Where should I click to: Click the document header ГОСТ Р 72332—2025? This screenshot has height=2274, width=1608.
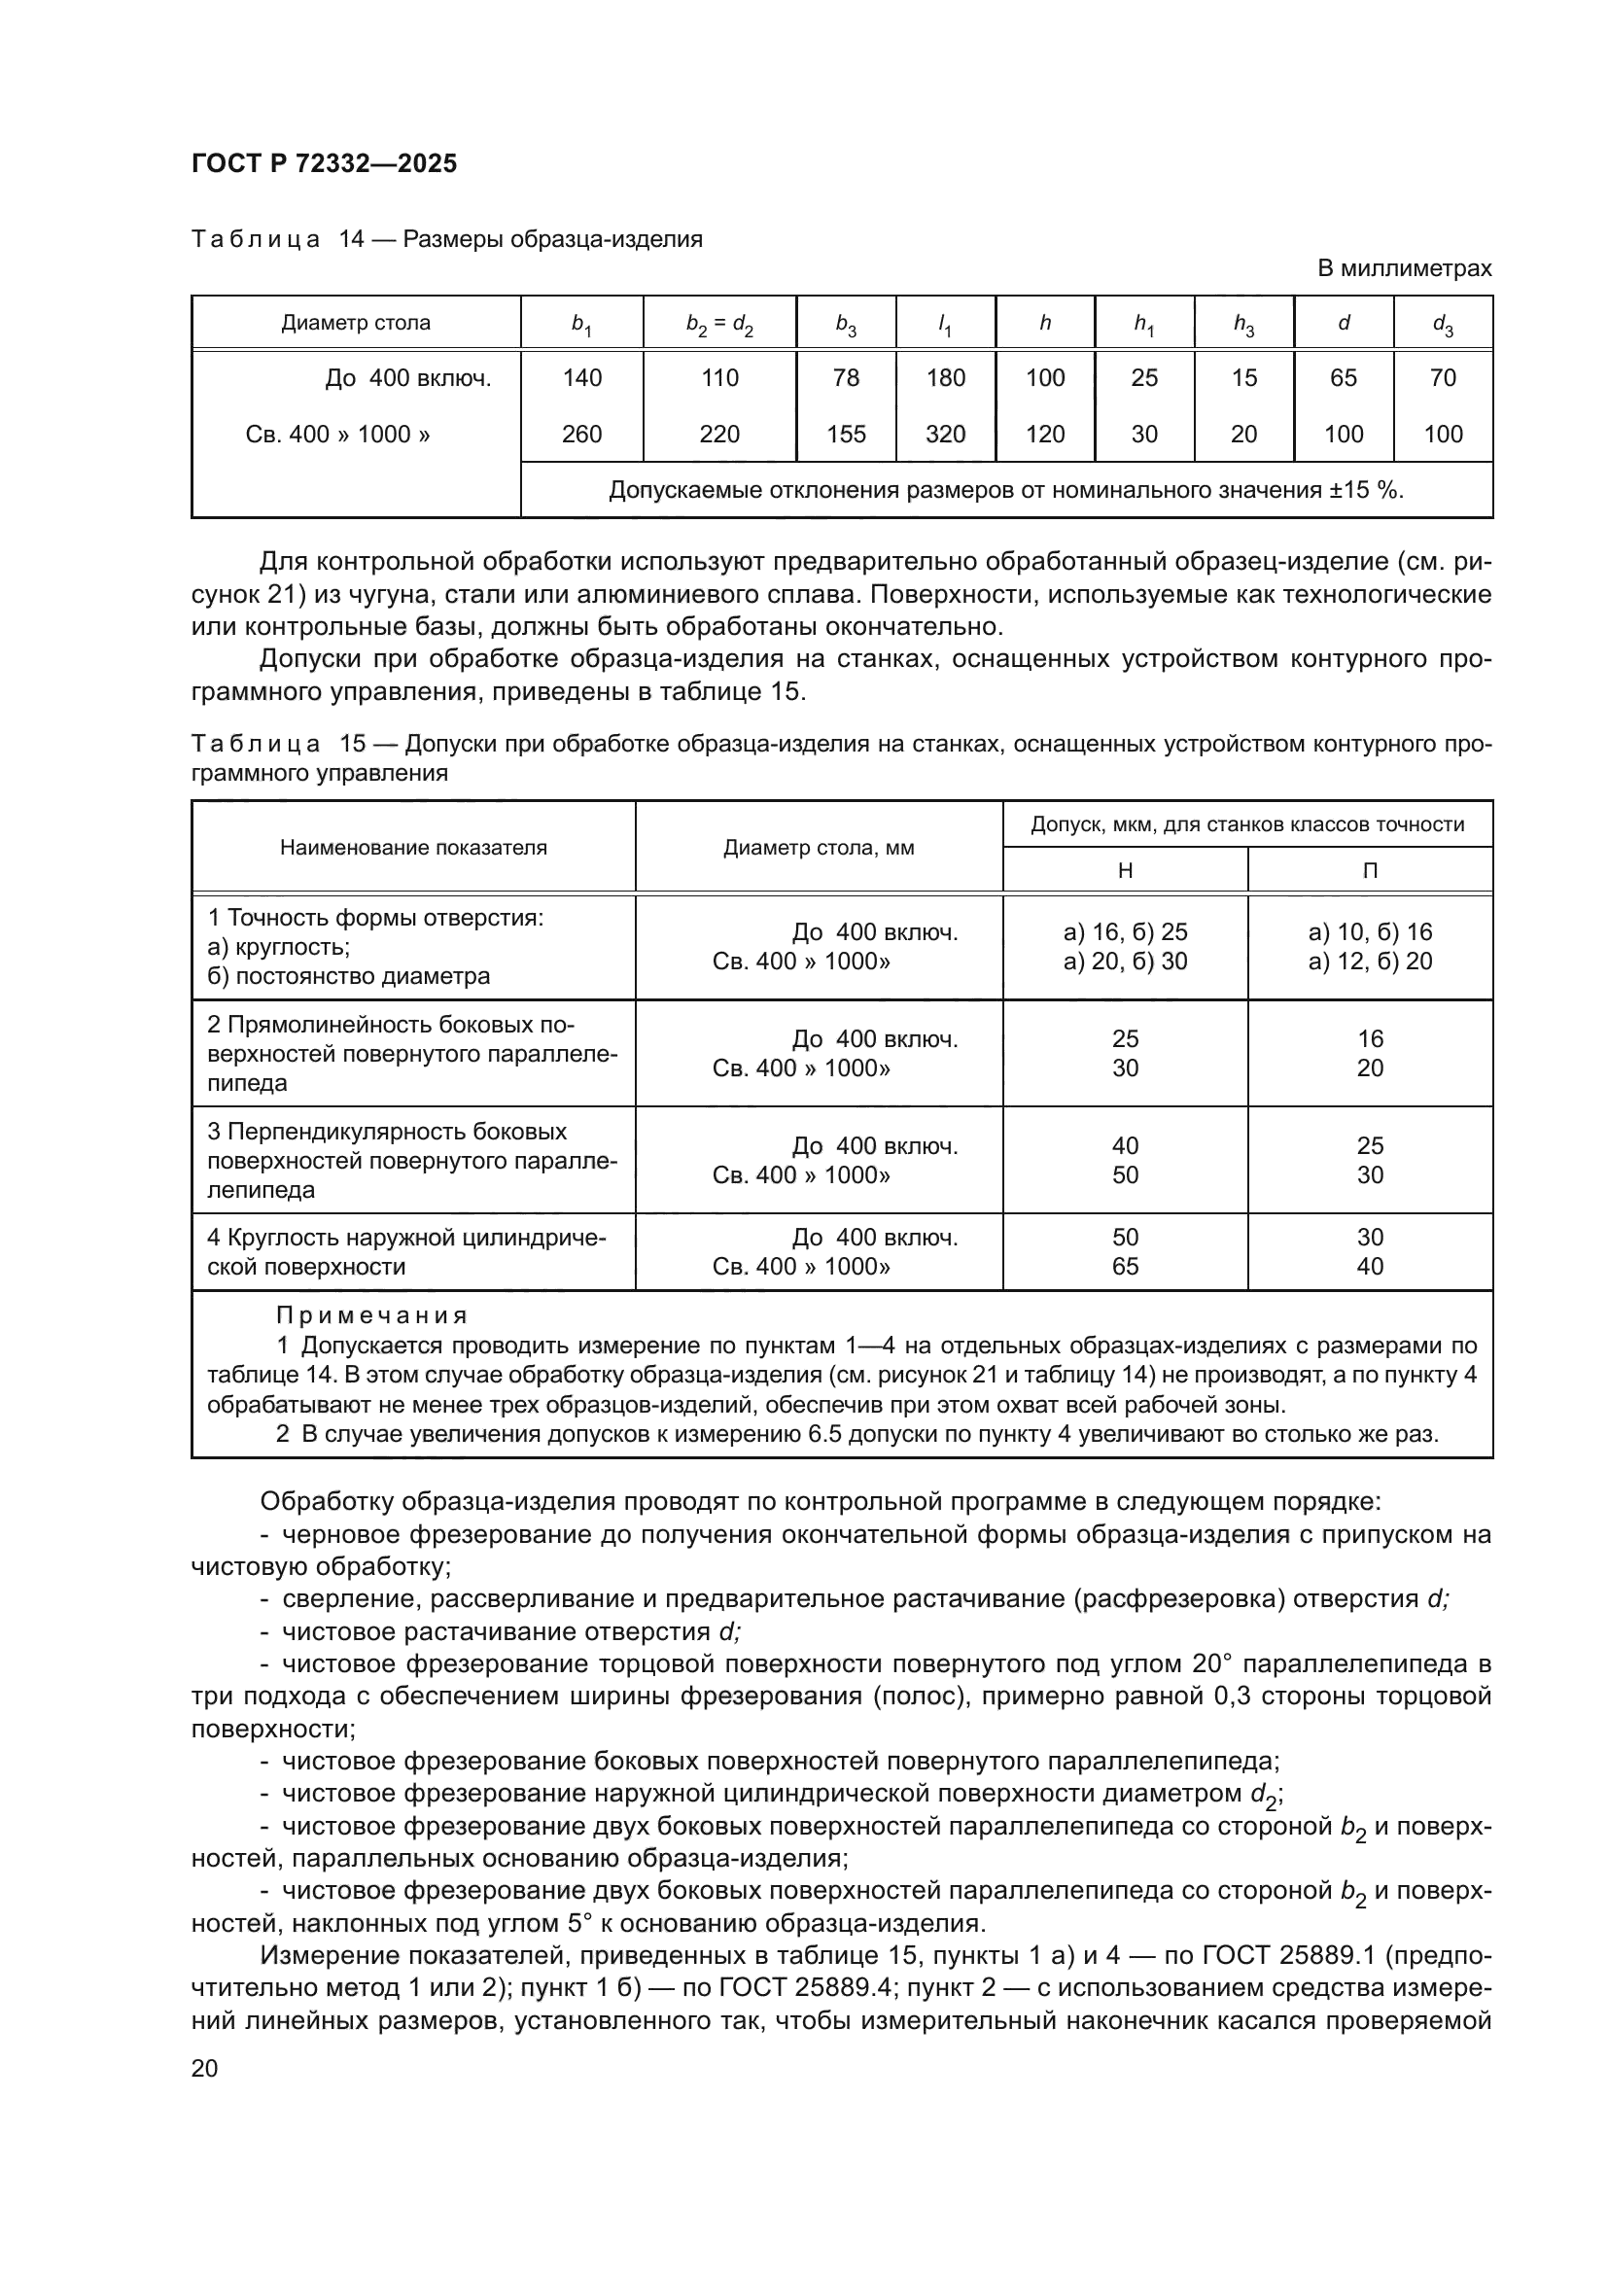coord(324,163)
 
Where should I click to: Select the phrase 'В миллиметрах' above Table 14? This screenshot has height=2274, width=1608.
coord(1404,268)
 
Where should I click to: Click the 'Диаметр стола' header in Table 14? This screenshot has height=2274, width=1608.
coord(356,323)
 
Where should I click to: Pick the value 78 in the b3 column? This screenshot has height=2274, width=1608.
coord(846,377)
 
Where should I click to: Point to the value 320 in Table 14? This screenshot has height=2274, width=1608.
coord(945,434)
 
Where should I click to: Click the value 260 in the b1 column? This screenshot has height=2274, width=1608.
coord(581,434)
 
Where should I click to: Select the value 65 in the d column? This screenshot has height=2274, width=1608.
coord(1343,377)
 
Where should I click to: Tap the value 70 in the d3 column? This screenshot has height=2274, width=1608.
coord(1443,377)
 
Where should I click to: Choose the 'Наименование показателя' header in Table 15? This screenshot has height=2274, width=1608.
coord(413,848)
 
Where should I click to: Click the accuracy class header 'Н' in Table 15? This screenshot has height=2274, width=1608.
coord(1125,870)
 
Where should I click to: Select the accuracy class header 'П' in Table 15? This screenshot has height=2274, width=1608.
coord(1370,870)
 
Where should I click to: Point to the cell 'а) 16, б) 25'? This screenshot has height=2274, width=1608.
coord(1125,932)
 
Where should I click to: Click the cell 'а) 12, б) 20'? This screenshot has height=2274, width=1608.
coord(1370,961)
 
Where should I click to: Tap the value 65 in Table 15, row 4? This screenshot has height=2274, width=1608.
coord(1125,1266)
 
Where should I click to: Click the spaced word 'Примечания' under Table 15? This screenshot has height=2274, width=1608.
coord(370,1315)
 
